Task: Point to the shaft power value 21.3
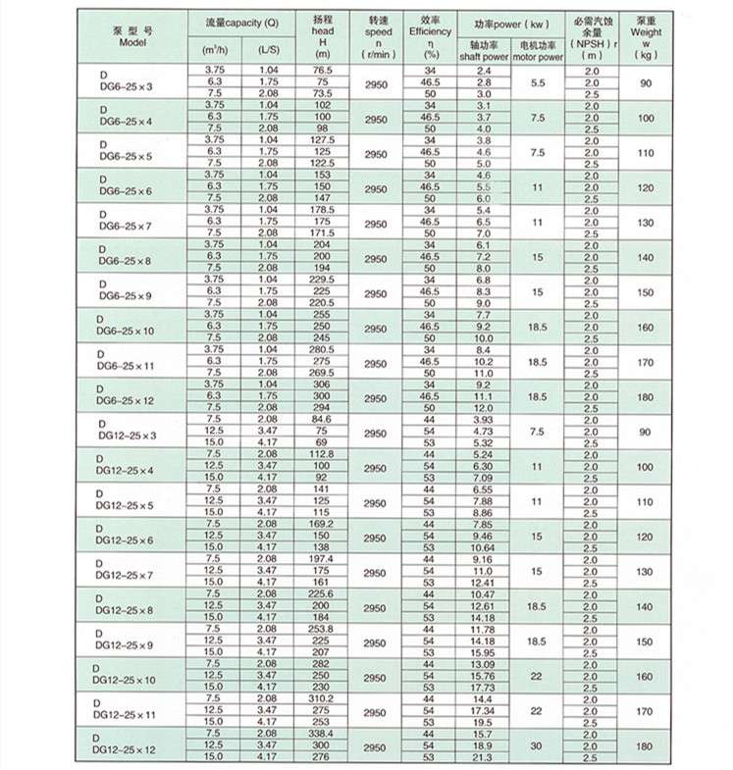[483, 756]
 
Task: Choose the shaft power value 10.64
[483, 546]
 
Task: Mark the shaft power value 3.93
[483, 420]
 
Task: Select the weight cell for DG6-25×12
[644, 397]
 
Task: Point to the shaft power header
[483, 52]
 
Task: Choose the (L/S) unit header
[268, 48]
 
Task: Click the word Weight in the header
[644, 31]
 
